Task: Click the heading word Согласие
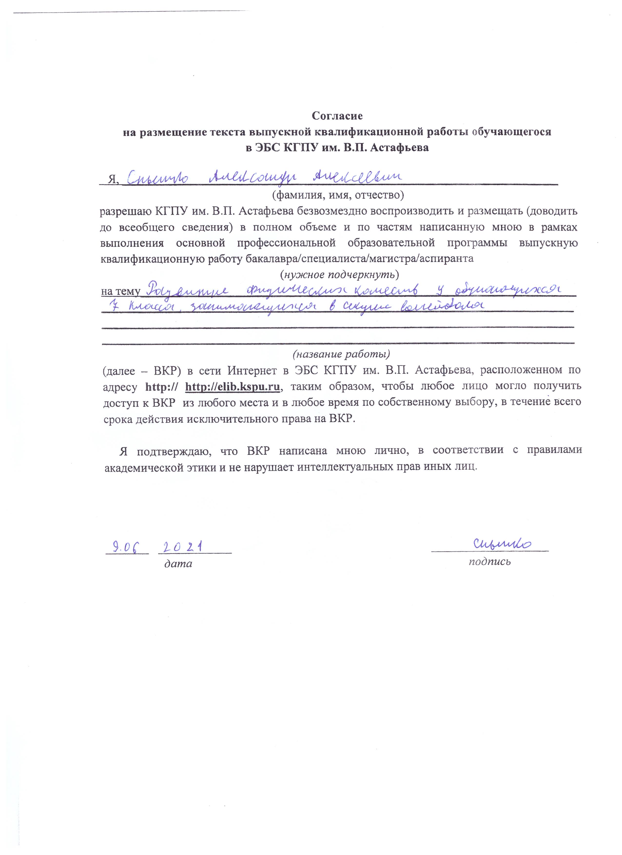point(337,116)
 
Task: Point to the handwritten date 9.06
point(126,547)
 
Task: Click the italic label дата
point(178,564)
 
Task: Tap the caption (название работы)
point(341,354)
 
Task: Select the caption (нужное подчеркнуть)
point(340,275)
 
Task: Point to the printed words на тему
point(120,291)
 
